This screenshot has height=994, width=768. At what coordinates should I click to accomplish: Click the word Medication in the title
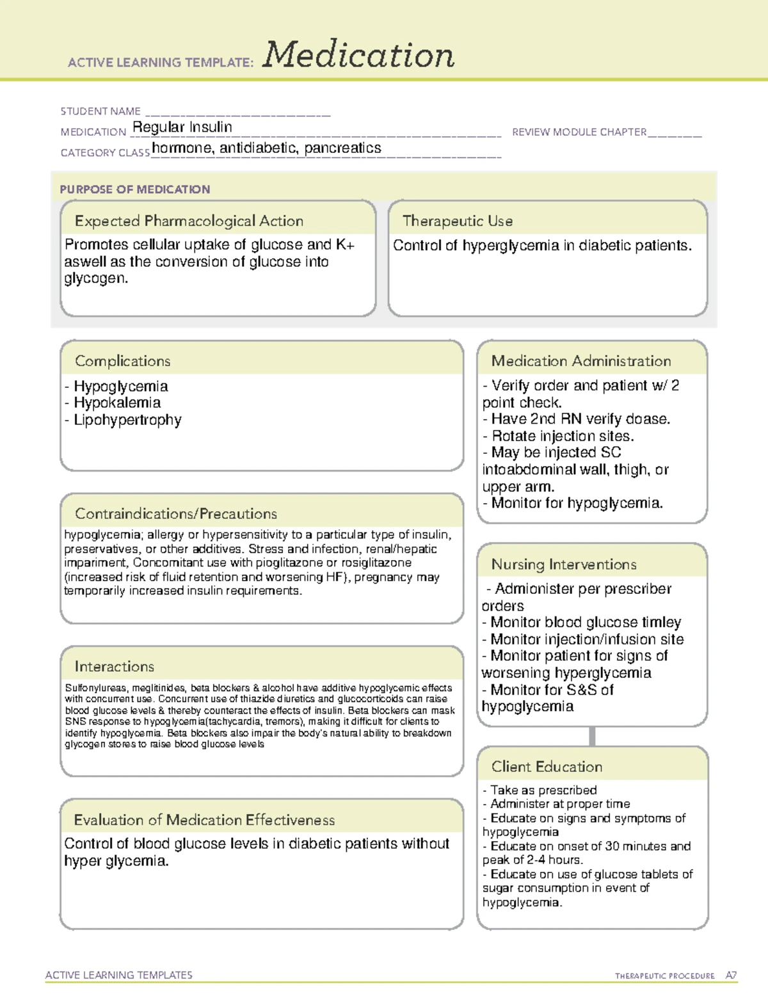(358, 55)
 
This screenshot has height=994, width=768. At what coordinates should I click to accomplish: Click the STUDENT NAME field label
(100, 111)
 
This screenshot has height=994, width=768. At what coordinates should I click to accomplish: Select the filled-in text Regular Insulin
(182, 127)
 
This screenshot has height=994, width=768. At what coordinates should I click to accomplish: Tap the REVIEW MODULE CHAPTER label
(579, 132)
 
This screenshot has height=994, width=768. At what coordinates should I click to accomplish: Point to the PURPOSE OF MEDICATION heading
(135, 189)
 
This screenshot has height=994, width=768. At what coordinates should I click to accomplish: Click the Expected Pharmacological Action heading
(189, 221)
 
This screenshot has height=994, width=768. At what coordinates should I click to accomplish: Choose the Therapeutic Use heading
(458, 221)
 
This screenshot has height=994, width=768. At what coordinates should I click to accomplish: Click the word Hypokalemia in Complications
(117, 403)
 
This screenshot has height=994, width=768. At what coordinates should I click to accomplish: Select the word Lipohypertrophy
(127, 420)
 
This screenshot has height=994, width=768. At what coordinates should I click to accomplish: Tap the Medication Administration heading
(581, 361)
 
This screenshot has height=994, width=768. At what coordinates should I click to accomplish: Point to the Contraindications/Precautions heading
(176, 513)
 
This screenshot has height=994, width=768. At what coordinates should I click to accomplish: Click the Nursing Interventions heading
(564, 565)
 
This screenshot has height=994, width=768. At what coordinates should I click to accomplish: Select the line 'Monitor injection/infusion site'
(586, 639)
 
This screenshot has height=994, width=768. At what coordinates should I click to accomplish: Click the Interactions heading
(115, 666)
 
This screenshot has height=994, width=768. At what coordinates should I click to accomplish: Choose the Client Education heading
(547, 767)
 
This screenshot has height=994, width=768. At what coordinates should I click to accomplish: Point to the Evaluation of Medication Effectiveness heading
(204, 820)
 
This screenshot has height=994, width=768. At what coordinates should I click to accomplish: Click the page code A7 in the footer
(731, 975)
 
